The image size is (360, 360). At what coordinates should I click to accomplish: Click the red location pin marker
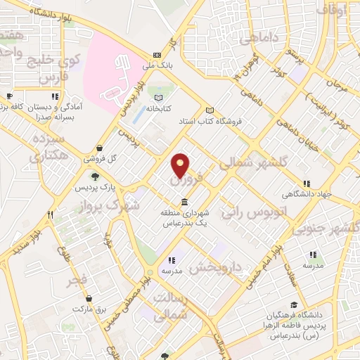coord(181,165)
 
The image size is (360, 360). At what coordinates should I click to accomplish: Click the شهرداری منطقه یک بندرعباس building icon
coord(184,203)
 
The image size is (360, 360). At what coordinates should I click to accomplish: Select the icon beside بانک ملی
coord(157,55)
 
